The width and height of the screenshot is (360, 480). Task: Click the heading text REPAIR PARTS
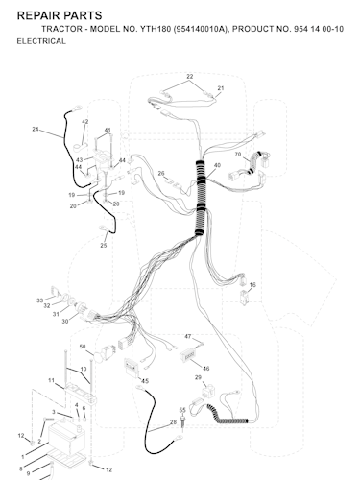coord(60,15)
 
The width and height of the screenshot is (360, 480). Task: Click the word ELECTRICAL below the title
coord(41,41)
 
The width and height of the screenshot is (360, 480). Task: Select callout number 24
coord(36,129)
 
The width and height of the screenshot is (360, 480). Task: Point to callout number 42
coord(84,122)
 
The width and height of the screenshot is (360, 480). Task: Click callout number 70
coord(238,155)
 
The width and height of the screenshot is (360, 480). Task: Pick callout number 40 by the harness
coord(217,165)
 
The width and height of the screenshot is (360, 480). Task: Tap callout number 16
coord(252,285)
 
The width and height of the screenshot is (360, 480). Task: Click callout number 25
coord(104,246)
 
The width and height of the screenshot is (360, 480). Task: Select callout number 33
coord(39,300)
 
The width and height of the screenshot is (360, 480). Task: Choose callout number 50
coord(83,347)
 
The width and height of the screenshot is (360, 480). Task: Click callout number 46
coord(206,369)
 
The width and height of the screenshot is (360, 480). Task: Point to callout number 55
coord(182,410)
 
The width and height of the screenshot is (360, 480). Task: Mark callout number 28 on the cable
coord(173,422)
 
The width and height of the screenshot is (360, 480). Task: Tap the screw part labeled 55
coord(183,422)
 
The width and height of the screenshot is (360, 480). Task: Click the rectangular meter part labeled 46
coord(188,355)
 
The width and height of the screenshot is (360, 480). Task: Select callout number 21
coord(221,88)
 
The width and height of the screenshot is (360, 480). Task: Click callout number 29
coord(198,377)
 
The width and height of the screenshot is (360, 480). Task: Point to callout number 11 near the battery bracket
coord(51,380)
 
